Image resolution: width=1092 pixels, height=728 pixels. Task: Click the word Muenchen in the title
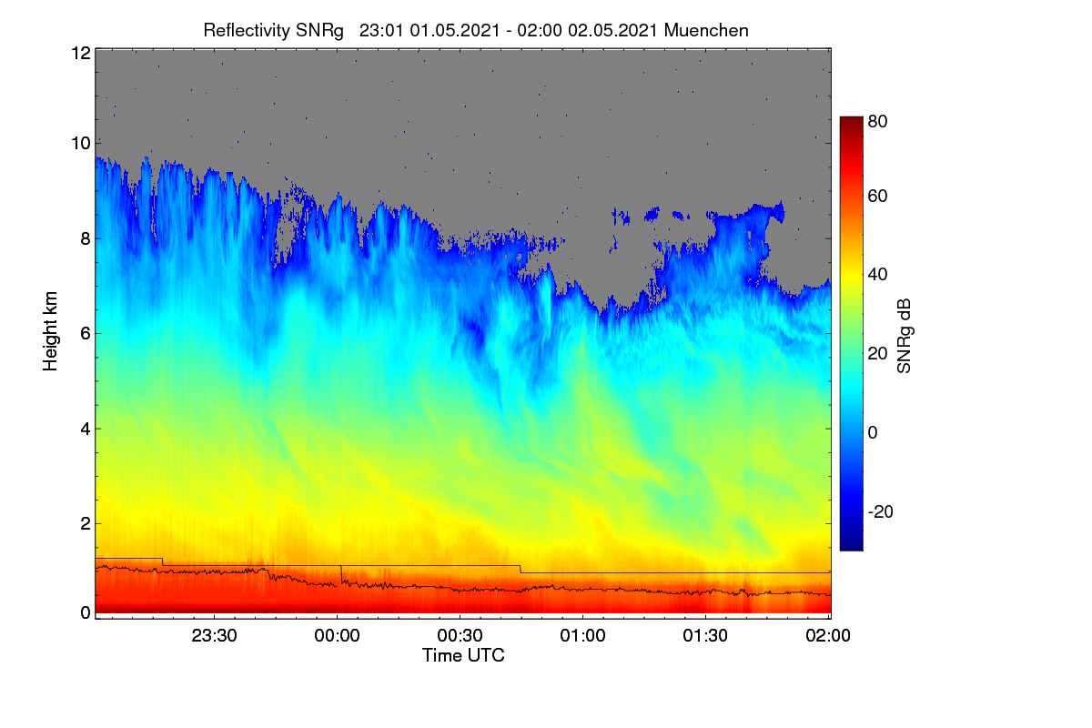706,30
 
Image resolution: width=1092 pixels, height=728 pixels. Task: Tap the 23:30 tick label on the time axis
214,635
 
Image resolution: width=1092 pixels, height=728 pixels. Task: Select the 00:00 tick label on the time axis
337,635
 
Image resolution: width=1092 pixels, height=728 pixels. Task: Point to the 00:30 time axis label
460,635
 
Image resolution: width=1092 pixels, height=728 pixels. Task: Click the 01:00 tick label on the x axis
582,635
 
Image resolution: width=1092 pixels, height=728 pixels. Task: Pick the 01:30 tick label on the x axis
705,635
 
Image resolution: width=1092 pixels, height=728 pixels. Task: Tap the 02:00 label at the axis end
828,635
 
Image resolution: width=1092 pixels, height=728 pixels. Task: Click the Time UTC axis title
463,655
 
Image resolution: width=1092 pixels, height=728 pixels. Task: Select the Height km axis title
50,331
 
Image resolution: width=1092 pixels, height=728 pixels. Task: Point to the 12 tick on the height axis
81,53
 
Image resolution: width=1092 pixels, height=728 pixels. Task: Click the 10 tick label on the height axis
81,144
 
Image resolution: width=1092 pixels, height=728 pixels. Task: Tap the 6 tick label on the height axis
86,334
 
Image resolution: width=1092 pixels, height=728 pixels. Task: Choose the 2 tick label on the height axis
86,523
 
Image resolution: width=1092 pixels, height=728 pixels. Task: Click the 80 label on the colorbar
877,121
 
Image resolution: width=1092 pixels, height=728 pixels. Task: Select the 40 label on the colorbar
877,275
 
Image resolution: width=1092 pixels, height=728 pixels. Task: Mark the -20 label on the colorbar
881,512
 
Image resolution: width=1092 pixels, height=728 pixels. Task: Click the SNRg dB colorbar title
904,337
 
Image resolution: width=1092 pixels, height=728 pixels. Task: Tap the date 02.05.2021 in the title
612,30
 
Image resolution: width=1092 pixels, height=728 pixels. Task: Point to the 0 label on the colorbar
873,432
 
